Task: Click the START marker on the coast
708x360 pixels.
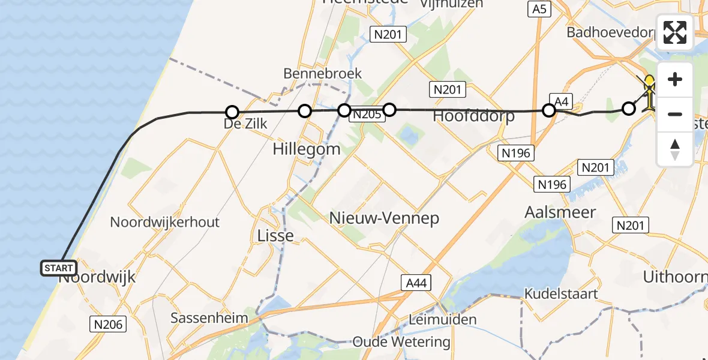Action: (59, 268)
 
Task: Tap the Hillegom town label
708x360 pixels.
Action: (306, 149)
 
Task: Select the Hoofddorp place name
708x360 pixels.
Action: (473, 116)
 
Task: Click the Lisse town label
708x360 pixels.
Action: (275, 235)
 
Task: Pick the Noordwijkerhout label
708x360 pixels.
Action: (164, 222)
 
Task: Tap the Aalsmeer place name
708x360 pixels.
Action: (560, 212)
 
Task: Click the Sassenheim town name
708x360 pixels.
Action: (209, 318)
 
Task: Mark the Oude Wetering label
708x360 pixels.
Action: (401, 342)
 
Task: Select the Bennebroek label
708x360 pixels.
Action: (322, 73)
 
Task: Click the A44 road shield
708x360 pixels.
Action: (416, 283)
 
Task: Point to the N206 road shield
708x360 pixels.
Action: (109, 325)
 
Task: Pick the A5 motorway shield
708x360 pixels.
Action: (538, 9)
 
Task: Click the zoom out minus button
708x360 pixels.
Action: (675, 114)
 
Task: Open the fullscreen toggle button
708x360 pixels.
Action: (675, 32)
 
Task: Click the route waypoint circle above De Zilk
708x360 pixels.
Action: (232, 112)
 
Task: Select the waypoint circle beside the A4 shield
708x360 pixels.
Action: (548, 110)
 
